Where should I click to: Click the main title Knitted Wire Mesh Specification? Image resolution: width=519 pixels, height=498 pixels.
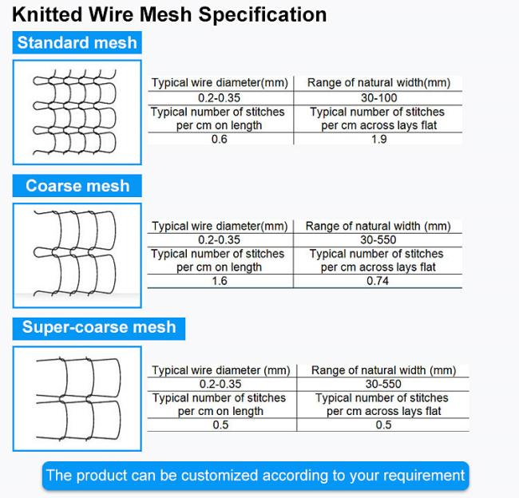tap(169, 15)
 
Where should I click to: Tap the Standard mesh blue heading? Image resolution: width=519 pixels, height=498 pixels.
tap(77, 43)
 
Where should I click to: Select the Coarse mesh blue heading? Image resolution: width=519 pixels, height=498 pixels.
tap(77, 186)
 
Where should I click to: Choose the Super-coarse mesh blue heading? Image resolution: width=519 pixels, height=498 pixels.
tap(99, 328)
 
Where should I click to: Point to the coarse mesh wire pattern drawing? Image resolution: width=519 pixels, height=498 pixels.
tap(77, 255)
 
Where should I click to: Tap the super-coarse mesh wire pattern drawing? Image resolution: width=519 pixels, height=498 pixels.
tap(77, 398)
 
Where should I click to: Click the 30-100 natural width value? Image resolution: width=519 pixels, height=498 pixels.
tap(378, 98)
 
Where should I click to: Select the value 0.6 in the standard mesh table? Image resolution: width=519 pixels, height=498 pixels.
tap(219, 140)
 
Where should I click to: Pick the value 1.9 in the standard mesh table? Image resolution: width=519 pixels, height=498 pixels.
tap(378, 140)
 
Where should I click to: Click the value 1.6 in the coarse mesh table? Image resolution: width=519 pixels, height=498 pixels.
tap(219, 281)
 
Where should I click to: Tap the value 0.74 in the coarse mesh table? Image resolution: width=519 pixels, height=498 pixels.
tap(378, 281)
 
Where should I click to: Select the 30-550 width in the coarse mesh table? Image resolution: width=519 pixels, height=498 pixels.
tap(378, 240)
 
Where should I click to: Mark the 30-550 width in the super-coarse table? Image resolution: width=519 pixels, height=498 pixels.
tap(383, 384)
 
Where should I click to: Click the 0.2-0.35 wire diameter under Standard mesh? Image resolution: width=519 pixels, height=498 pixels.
tap(219, 98)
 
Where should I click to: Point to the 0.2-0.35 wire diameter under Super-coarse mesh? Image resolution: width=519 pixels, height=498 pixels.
tap(220, 384)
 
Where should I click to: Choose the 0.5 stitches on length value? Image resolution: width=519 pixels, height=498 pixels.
tap(220, 425)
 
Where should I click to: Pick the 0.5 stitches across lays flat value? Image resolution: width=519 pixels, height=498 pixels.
tap(383, 425)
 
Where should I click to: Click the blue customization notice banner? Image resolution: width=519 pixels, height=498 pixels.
tap(256, 476)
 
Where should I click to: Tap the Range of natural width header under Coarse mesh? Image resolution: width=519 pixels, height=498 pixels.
tap(378, 227)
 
